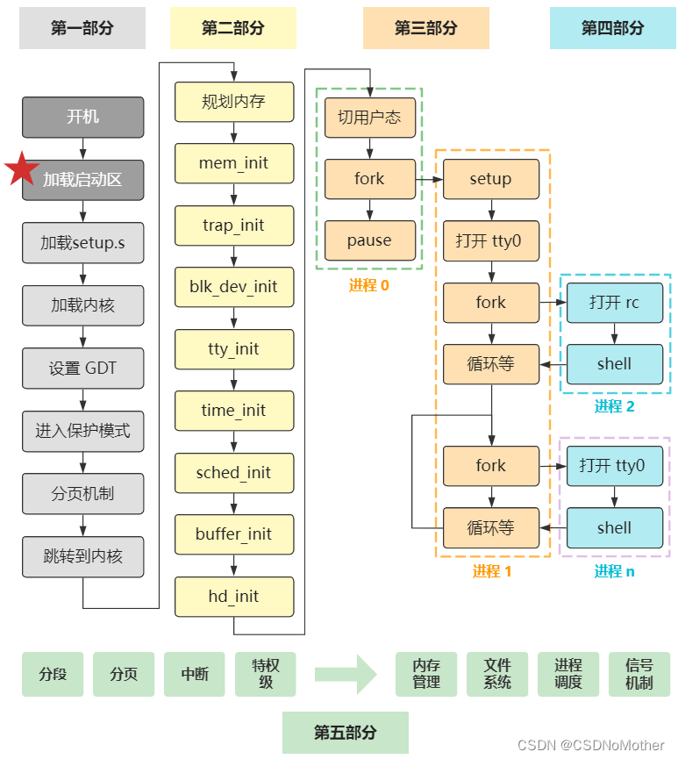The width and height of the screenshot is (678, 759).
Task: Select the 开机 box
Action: pos(82,117)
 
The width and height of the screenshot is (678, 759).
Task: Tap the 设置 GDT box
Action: pos(82,369)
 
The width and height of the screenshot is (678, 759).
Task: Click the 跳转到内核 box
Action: pos(82,556)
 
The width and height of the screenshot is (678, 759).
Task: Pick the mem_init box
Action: pos(233,163)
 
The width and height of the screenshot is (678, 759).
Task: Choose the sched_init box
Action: pos(233,473)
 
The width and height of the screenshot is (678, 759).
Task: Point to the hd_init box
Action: pos(233,597)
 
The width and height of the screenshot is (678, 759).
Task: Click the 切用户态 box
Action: pos(369,117)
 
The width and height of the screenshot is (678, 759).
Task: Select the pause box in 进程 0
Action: pos(369,240)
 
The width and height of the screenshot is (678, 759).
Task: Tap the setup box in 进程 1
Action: pos(490,179)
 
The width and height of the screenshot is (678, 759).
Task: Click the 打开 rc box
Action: pos(614,303)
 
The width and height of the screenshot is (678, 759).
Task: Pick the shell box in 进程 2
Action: pos(614,364)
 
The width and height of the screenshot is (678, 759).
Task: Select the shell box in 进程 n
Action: pos(614,528)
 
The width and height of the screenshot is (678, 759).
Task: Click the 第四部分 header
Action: pos(612,28)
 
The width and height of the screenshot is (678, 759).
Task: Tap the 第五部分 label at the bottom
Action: pos(346,733)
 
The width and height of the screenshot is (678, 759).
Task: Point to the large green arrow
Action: pos(346,675)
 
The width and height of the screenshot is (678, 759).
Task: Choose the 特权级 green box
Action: pos(266,675)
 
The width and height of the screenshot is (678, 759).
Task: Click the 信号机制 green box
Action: pos(639,675)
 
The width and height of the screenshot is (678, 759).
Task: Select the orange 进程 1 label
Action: pos(491,571)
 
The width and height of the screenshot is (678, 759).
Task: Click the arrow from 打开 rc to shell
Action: pos(614,333)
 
